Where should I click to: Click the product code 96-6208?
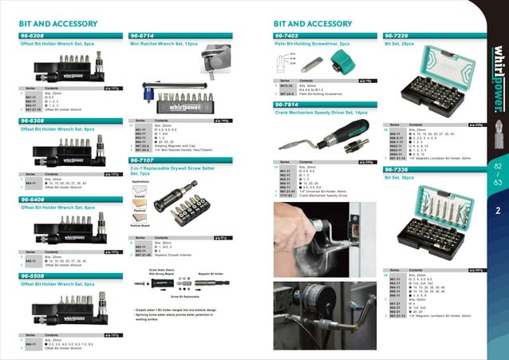(x=36, y=36)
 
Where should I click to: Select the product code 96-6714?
(x=144, y=36)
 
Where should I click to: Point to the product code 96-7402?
(x=288, y=36)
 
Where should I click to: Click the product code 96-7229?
(x=398, y=36)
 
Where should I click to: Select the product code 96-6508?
(x=36, y=275)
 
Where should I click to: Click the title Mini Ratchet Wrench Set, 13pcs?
(x=164, y=45)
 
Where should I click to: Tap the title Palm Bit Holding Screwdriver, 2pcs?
(x=312, y=45)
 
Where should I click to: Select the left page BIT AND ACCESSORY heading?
(x=53, y=25)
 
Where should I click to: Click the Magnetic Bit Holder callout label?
(x=208, y=273)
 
